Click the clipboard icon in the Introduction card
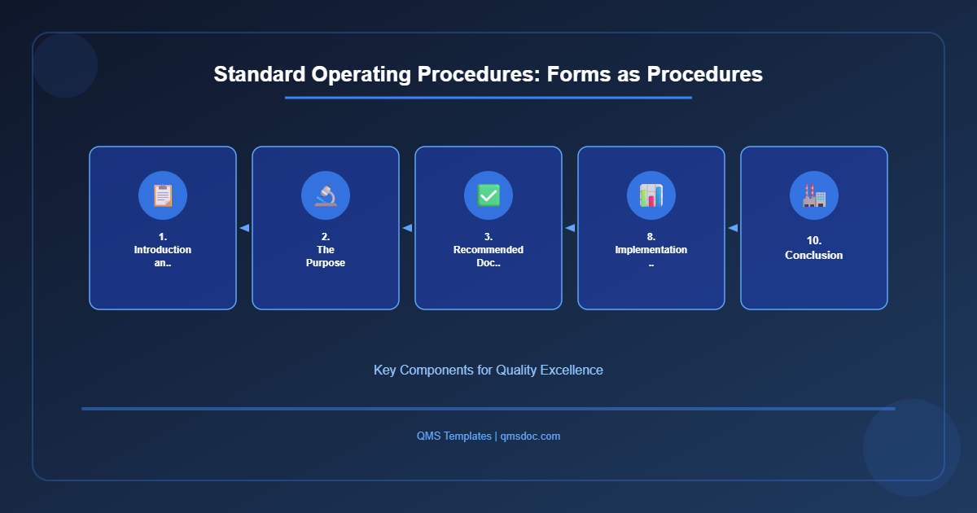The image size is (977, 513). [x=163, y=195]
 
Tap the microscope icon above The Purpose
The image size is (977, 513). [x=326, y=195]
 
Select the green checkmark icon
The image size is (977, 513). [x=488, y=195]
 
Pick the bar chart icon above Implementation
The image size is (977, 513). [x=651, y=195]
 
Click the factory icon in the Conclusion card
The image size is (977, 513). [x=814, y=195]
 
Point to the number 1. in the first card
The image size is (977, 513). [x=163, y=237]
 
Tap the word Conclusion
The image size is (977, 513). [x=814, y=256]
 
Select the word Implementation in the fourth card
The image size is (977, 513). [x=651, y=250]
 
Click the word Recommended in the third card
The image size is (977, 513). [x=488, y=250]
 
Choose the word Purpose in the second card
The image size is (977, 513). [x=326, y=263]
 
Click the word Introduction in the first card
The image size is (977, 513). [x=163, y=250]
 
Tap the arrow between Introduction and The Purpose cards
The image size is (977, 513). [x=244, y=228]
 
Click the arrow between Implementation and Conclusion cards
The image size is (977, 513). [x=733, y=228]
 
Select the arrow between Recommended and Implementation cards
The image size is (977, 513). [x=570, y=228]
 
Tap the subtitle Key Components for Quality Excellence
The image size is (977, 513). [x=488, y=370]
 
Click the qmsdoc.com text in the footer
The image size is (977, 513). [x=530, y=436]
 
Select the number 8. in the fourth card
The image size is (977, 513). [x=651, y=237]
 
